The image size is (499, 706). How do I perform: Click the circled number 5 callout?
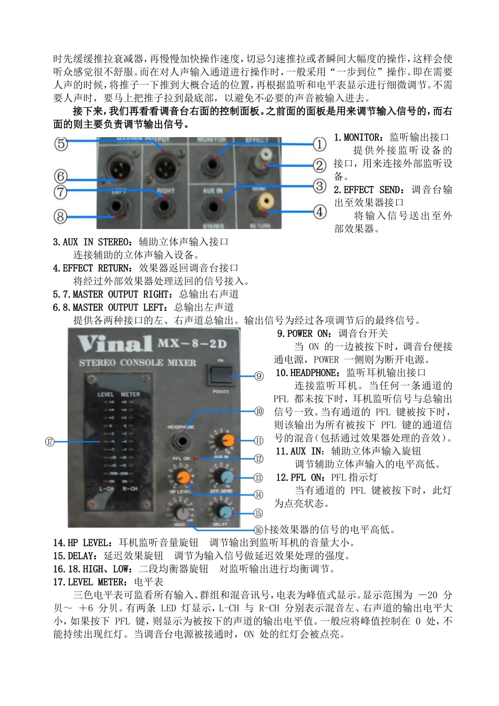[61, 143]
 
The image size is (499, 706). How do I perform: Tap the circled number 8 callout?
[61, 216]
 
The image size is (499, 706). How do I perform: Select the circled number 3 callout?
[320, 185]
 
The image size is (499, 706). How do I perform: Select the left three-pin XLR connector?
[119, 168]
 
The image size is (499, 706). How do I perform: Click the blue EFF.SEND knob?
[226, 476]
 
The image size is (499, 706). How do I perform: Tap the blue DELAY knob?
[224, 511]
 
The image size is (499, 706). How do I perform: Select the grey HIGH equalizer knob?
[181, 512]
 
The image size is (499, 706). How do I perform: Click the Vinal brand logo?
[115, 345]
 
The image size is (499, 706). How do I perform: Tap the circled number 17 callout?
[50, 442]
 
